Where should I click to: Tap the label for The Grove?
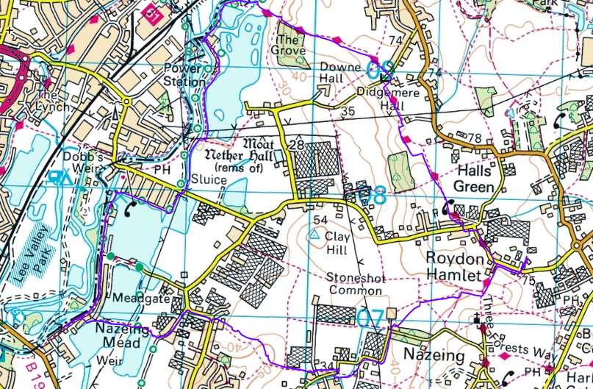pos(289,46)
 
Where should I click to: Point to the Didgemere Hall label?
pos(380,99)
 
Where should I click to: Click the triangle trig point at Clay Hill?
pos(314,235)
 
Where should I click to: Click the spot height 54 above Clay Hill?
pos(319,220)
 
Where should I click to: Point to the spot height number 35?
pos(348,110)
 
